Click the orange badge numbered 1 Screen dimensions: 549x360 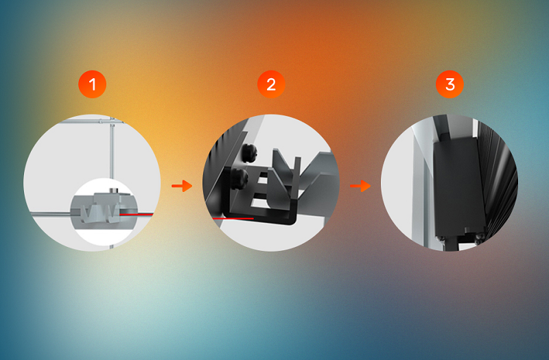93,84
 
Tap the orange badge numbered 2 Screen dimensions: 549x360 271,84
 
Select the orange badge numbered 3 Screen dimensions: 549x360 450,84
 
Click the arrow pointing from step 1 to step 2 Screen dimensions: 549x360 182,186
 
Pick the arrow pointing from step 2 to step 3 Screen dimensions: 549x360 360,186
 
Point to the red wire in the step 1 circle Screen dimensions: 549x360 137,214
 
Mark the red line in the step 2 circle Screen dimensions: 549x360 233,218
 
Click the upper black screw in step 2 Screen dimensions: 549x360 249,152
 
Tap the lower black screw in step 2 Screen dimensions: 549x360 240,179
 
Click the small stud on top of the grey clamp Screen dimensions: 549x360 113,191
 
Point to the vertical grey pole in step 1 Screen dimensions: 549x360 112,150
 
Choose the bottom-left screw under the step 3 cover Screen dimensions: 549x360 441,238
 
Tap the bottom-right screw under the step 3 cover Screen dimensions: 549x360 480,237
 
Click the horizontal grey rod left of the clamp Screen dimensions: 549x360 51,213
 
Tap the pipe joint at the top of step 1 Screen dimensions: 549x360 112,122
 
